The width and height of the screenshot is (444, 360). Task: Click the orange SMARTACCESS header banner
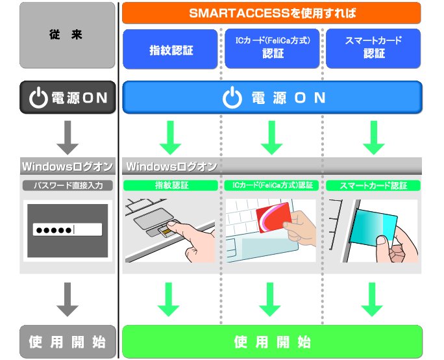(271, 12)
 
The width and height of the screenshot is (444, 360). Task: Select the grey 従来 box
(68, 35)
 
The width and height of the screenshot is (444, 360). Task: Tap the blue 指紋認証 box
(171, 49)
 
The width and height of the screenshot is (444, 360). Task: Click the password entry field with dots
(68, 229)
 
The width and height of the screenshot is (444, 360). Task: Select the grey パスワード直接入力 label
(68, 185)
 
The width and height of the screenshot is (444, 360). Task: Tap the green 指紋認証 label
(171, 185)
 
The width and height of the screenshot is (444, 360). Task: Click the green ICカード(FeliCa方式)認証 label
(273, 185)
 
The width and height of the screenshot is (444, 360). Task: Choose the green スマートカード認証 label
(373, 185)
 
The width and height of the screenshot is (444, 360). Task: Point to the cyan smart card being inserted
(374, 227)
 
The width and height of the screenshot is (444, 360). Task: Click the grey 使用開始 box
(68, 342)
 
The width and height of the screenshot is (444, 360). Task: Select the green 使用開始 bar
(273, 342)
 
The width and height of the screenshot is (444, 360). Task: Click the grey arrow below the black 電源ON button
(68, 137)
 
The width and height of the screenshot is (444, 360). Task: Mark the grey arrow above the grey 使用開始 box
(68, 299)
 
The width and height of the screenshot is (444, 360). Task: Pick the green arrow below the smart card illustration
(372, 299)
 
